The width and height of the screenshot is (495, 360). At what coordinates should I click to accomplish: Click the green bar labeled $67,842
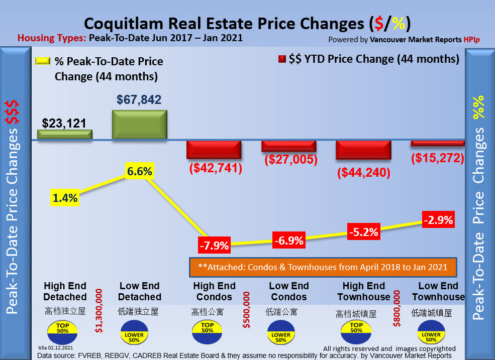(x=139, y=125)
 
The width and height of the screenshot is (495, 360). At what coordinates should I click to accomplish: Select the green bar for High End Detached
(x=65, y=134)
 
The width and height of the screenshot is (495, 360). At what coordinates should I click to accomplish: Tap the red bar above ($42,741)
(x=214, y=150)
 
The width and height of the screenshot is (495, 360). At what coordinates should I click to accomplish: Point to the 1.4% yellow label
(x=65, y=198)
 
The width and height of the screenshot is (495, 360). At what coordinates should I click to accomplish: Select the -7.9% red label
(x=214, y=246)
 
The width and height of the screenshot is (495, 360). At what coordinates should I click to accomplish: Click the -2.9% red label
(x=438, y=220)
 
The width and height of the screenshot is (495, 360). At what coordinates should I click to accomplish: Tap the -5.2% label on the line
(x=363, y=232)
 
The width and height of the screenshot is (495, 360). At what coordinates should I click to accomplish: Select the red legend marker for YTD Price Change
(x=282, y=59)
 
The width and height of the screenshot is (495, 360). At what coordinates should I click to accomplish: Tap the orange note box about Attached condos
(x=322, y=268)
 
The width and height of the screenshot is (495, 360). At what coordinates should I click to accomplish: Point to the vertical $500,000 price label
(x=247, y=310)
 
